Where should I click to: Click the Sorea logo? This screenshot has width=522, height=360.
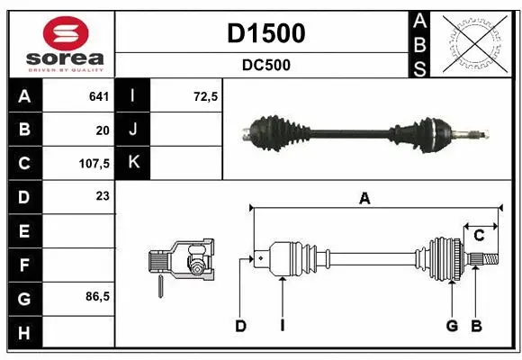pos(60,43)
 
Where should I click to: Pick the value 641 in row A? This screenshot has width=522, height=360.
pos(99,96)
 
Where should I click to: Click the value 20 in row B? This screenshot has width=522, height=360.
pos(103,130)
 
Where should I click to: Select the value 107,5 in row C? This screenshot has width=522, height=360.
pos(94,165)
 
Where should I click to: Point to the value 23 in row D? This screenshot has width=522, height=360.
pos(103,195)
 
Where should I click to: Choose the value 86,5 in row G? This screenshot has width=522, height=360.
pos(98,296)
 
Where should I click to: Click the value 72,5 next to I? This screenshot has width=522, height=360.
pos(206,96)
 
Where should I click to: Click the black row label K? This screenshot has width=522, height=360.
pos(134,163)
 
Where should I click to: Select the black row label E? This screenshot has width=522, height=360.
pos(23,231)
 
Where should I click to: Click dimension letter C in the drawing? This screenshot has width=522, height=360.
pos(479,235)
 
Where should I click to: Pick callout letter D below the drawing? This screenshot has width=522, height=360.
pos(240,326)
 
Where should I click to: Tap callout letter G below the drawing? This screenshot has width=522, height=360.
pos(452,326)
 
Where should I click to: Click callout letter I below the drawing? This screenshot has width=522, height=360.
pos(282,326)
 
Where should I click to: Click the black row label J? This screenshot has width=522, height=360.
pos(134,130)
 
